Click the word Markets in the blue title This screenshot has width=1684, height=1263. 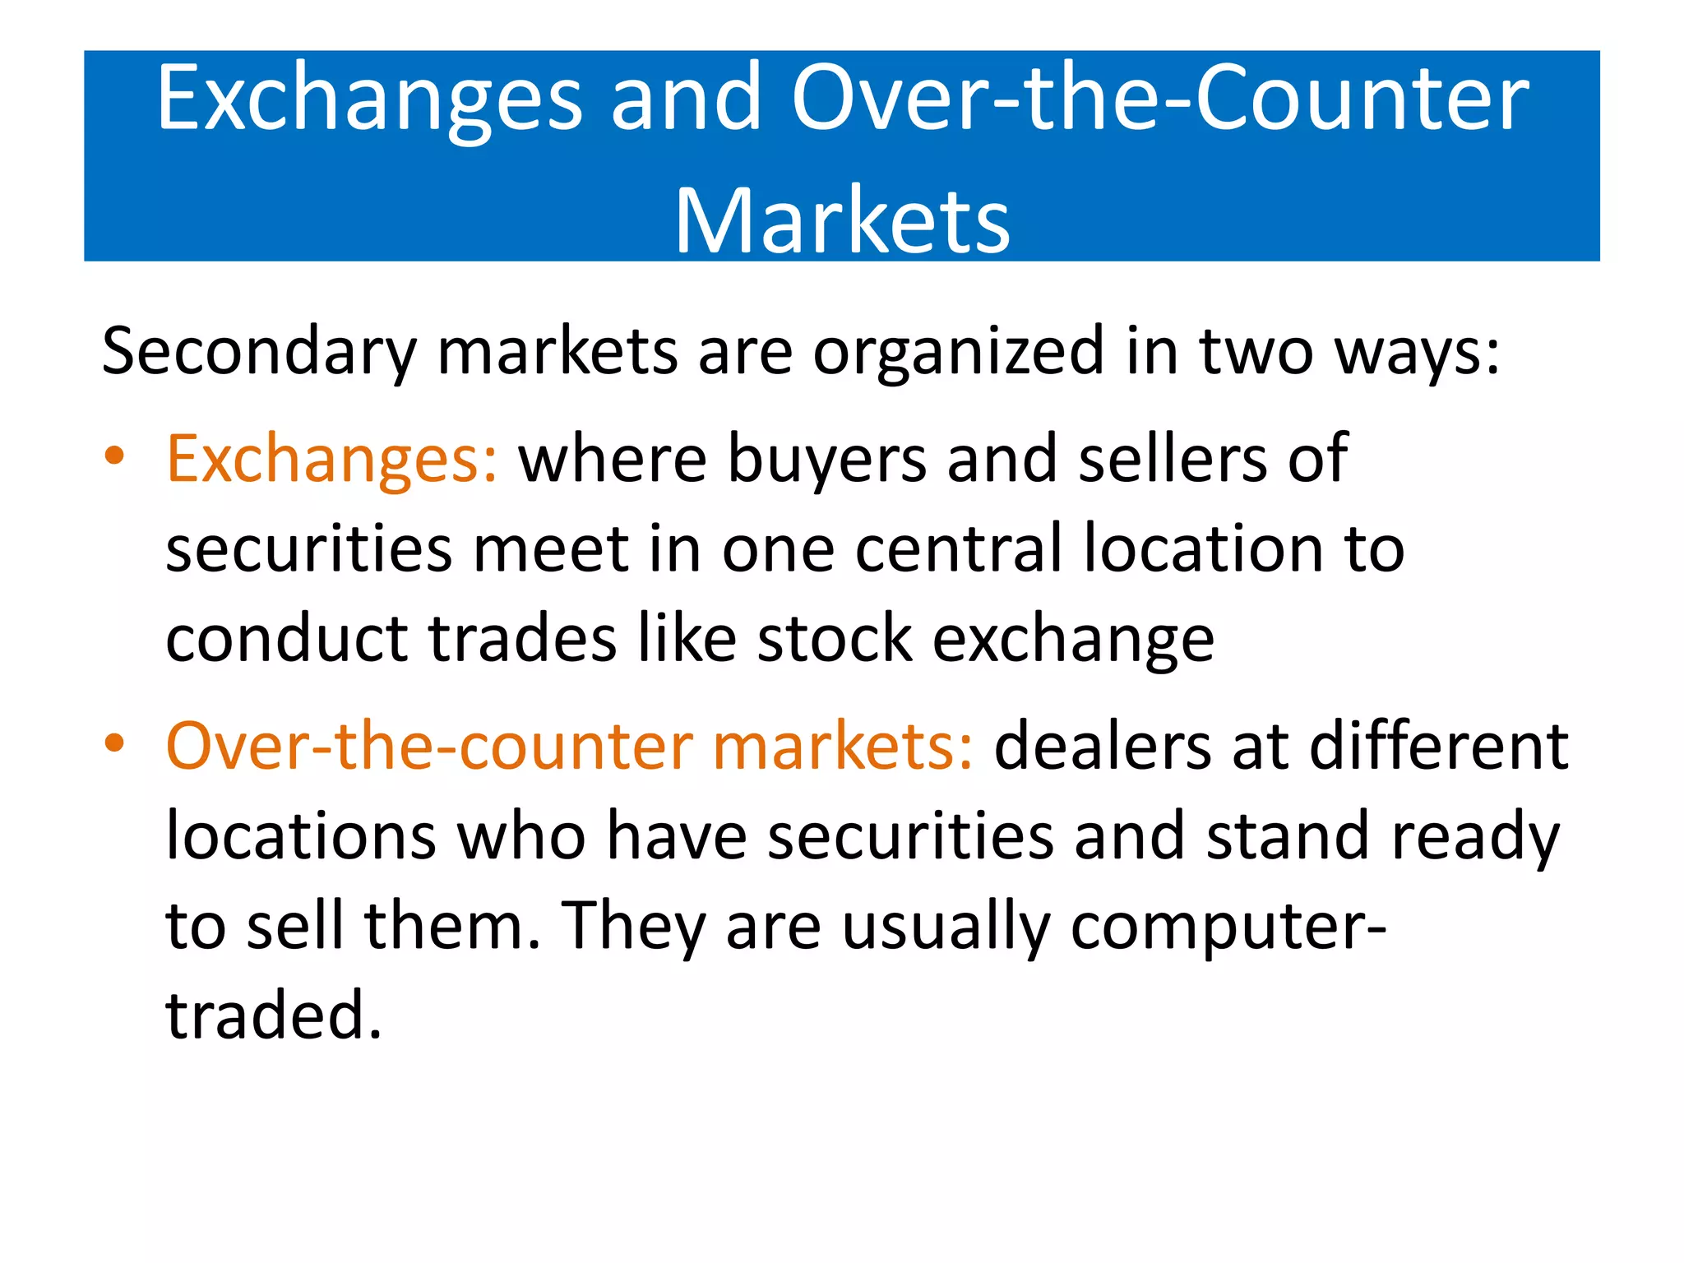tap(842, 220)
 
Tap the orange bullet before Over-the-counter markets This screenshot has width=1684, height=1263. tap(114, 743)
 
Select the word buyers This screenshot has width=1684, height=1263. tap(827, 459)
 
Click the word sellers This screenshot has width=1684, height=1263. tap(1173, 459)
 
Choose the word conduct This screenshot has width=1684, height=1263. tap(286, 639)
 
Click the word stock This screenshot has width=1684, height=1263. tap(834, 639)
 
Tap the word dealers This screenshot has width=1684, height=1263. tap(1103, 747)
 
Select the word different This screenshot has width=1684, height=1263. tap(1439, 747)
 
